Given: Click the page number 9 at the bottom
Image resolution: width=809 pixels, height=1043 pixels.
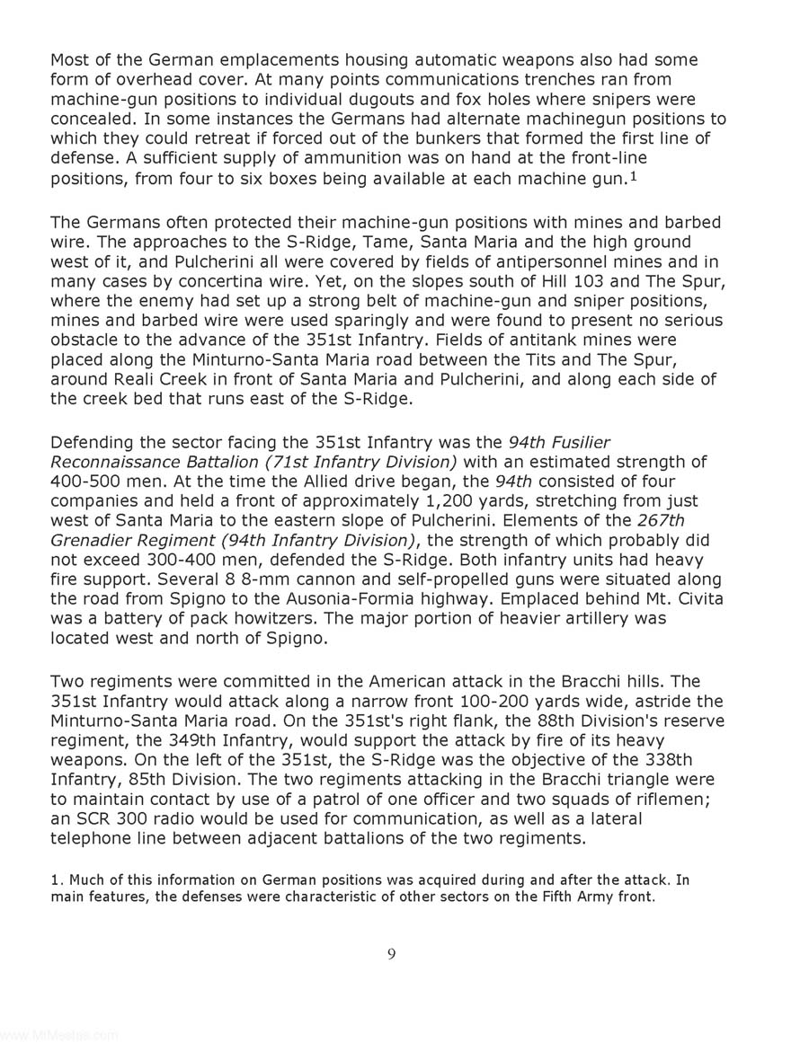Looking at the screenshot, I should point(391,954).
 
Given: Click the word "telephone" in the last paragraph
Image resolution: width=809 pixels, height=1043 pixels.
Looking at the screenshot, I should point(92,839).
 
